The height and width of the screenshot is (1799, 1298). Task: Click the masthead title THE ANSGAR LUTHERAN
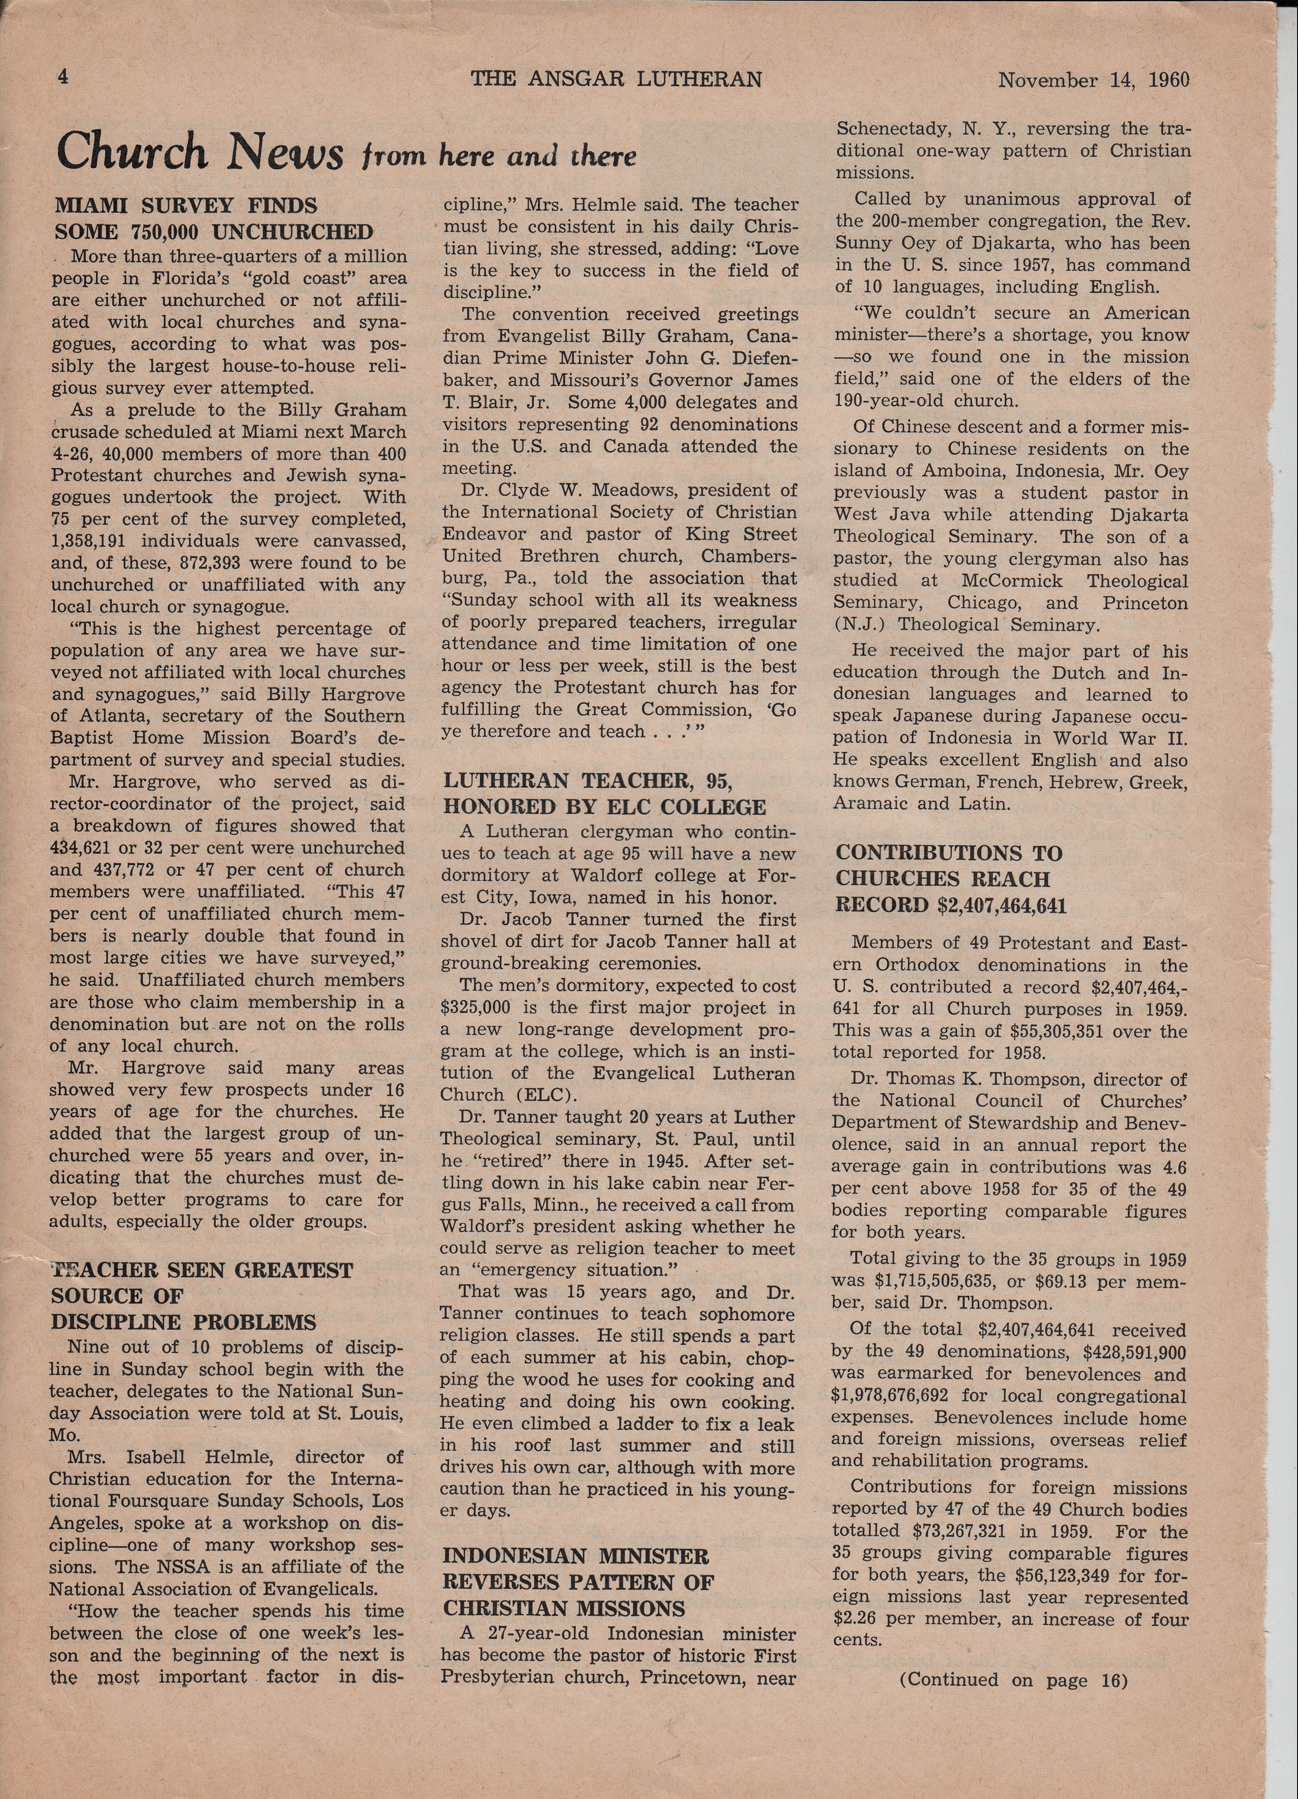coord(616,79)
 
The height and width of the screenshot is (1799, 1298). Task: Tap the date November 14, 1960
coord(1094,80)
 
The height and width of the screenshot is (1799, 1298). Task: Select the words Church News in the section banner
coord(200,152)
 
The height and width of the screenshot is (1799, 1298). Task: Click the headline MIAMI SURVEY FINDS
coord(186,206)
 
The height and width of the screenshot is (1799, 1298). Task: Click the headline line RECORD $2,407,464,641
coord(951,905)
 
